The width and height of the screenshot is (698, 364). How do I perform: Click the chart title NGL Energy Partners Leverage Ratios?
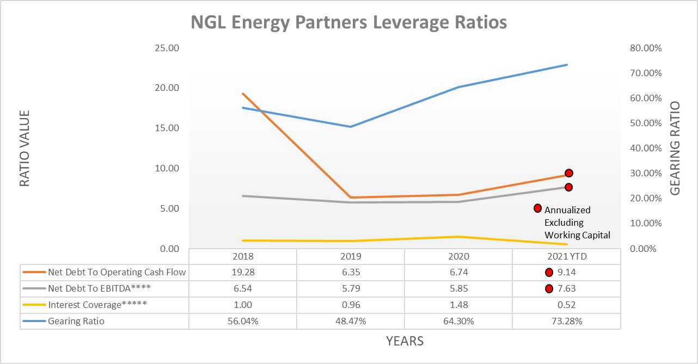348,22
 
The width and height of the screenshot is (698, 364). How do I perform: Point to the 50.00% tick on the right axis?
645,123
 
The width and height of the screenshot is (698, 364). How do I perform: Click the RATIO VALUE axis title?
25,149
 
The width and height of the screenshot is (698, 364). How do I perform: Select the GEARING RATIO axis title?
675,149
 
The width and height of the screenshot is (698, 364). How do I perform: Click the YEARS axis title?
405,342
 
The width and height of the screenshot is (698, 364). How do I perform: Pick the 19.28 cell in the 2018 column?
243,273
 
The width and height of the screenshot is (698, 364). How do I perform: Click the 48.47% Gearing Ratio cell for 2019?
351,321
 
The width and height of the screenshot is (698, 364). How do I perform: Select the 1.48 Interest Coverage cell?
458,305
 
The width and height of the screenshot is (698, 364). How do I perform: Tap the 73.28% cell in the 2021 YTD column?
566,321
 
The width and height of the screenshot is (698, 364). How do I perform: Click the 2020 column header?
458,256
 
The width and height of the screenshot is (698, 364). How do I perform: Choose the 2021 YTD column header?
566,256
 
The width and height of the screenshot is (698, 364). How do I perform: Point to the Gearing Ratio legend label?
76,321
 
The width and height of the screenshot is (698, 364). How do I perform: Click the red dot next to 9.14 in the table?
549,273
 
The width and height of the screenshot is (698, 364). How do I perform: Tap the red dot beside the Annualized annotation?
537,208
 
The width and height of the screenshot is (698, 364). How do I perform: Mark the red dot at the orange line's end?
569,173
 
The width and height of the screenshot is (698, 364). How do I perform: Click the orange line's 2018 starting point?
243,94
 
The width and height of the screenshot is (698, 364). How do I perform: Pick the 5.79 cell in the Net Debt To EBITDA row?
351,288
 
